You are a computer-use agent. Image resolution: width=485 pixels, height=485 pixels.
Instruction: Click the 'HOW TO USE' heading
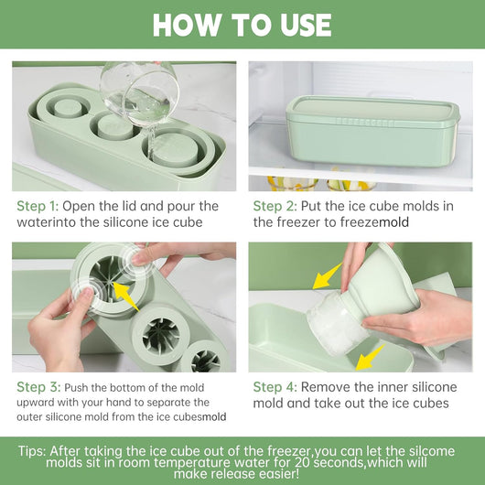242,25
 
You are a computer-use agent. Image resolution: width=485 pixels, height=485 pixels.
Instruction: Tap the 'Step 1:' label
38,206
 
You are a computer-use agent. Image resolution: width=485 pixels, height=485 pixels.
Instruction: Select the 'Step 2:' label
275,206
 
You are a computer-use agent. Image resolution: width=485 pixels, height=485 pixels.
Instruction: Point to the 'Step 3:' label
38,387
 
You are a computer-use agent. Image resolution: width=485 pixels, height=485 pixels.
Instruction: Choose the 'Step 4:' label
275,387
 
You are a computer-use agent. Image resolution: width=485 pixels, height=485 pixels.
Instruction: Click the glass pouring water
140,92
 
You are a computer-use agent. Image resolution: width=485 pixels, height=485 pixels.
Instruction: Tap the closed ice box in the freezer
373,131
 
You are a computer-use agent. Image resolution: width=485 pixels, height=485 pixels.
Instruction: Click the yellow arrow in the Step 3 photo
125,296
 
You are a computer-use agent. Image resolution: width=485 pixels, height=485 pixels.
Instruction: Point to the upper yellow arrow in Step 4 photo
328,276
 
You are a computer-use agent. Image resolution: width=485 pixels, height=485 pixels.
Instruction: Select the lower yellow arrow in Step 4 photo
370,358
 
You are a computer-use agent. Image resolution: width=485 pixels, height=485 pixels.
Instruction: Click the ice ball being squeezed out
336,323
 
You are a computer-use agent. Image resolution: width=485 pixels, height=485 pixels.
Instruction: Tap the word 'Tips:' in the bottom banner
32,451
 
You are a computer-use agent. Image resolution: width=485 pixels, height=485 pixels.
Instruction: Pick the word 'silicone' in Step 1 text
125,222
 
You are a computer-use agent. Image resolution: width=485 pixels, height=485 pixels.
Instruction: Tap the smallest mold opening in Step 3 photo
205,361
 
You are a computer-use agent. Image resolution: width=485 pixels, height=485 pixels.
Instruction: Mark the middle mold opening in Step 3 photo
161,336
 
